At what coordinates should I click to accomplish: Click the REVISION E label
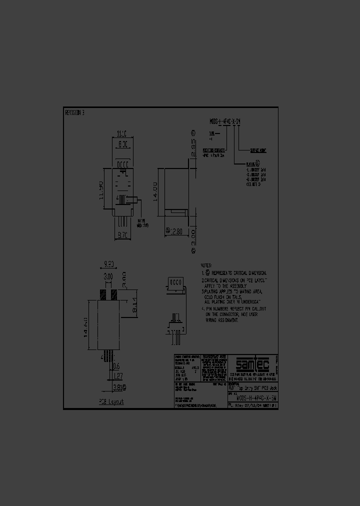pos(75,112)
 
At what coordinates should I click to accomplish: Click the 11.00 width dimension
pos(122,134)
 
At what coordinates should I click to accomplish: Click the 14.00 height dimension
pos(155,191)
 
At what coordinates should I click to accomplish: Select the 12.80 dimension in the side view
pos(175,231)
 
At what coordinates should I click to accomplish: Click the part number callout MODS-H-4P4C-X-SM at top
pos(225,121)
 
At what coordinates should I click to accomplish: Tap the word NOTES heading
pos(206,265)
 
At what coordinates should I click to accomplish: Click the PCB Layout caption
pos(110,401)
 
